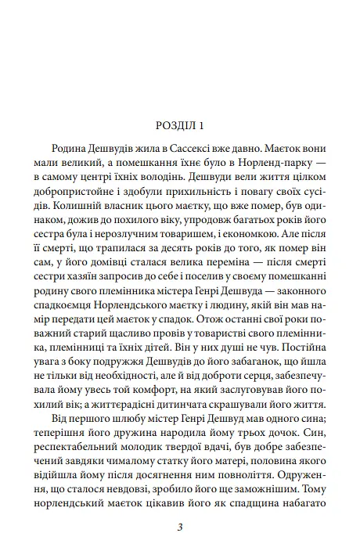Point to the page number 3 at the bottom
pos(181,530)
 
